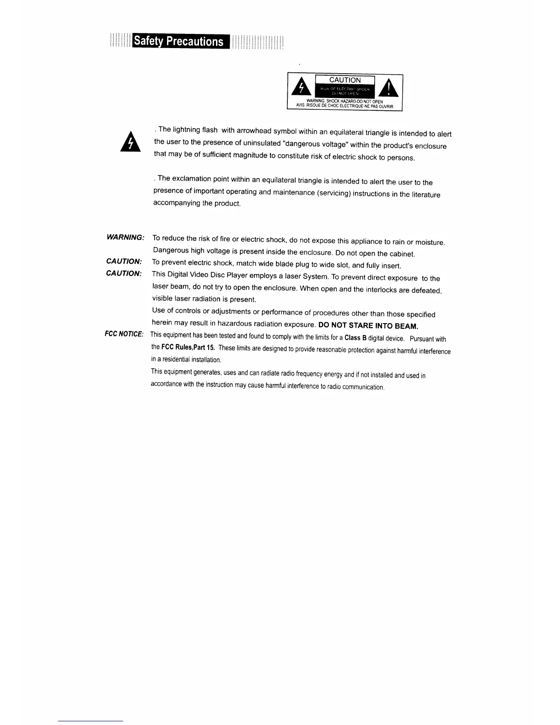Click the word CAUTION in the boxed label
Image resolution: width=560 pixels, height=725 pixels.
pos(345,80)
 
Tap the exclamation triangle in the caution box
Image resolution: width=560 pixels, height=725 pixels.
pos(388,88)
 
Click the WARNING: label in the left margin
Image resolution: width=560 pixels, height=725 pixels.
pos(125,237)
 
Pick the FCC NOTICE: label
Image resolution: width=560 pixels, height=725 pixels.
pos(124,334)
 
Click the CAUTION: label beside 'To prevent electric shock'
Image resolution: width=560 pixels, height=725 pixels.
pos(124,261)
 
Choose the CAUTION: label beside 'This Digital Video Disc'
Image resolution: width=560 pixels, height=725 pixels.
pos(124,273)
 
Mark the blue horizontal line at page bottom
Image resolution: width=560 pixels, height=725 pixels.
pos(91,721)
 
